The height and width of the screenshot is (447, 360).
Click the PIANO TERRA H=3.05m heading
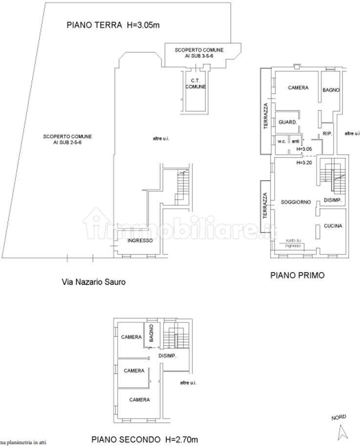point(113,25)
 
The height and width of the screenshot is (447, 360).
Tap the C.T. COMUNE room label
point(195,84)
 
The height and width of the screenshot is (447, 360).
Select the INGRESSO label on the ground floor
point(140,241)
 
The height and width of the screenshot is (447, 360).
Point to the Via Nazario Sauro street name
point(90,281)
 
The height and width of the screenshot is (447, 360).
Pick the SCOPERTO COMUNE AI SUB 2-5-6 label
point(67,139)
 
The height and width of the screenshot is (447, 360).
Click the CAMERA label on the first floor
point(298,88)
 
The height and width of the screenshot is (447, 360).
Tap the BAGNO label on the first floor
point(331,90)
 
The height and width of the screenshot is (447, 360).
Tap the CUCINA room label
point(333,226)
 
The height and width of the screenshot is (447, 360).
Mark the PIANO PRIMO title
point(297,275)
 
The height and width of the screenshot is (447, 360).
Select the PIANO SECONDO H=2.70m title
point(145,438)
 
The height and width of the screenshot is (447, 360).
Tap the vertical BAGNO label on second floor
point(152,333)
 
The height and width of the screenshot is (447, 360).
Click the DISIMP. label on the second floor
point(167,356)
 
